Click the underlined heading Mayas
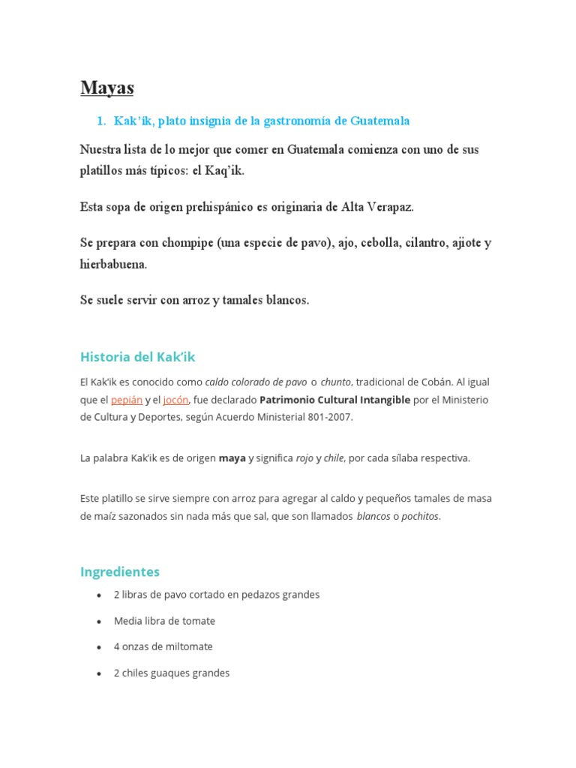click(x=106, y=88)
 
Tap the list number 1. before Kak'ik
click(x=103, y=121)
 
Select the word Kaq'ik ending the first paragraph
click(x=224, y=171)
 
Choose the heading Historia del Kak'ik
click(x=137, y=356)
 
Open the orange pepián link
click(x=126, y=400)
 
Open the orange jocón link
click(x=176, y=400)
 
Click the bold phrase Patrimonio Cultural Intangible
click(x=334, y=400)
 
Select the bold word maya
click(x=232, y=458)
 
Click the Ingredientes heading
click(x=120, y=571)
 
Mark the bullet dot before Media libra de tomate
click(x=100, y=622)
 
